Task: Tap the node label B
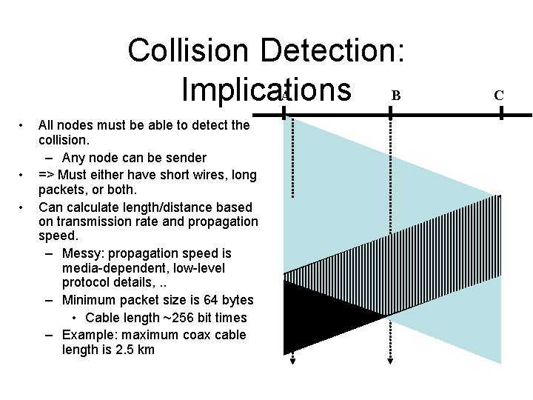click(x=396, y=95)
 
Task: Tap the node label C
click(x=499, y=95)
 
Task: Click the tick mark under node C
click(x=501, y=113)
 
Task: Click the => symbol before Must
click(x=47, y=175)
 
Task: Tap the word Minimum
click(x=90, y=300)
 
